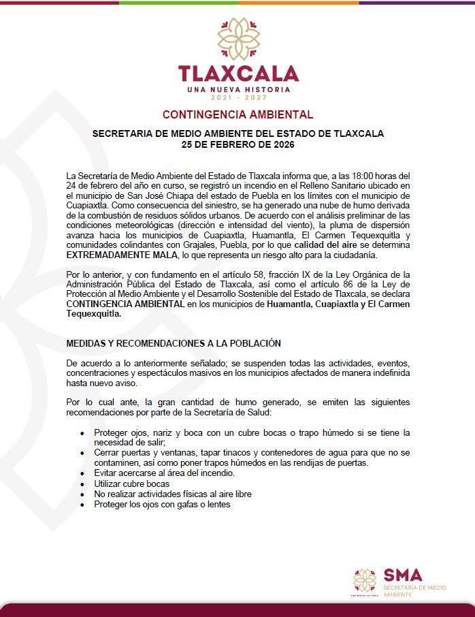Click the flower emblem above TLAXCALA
[238, 39]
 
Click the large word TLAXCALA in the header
[238, 74]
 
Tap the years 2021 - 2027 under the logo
[238, 99]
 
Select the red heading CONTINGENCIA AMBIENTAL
[237, 115]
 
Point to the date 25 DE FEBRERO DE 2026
[237, 144]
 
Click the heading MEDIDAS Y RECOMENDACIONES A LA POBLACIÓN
[174, 343]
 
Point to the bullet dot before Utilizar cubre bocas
[82, 484]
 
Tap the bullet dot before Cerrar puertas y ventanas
[82, 453]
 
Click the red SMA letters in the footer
[403, 575]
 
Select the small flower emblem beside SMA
[365, 580]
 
